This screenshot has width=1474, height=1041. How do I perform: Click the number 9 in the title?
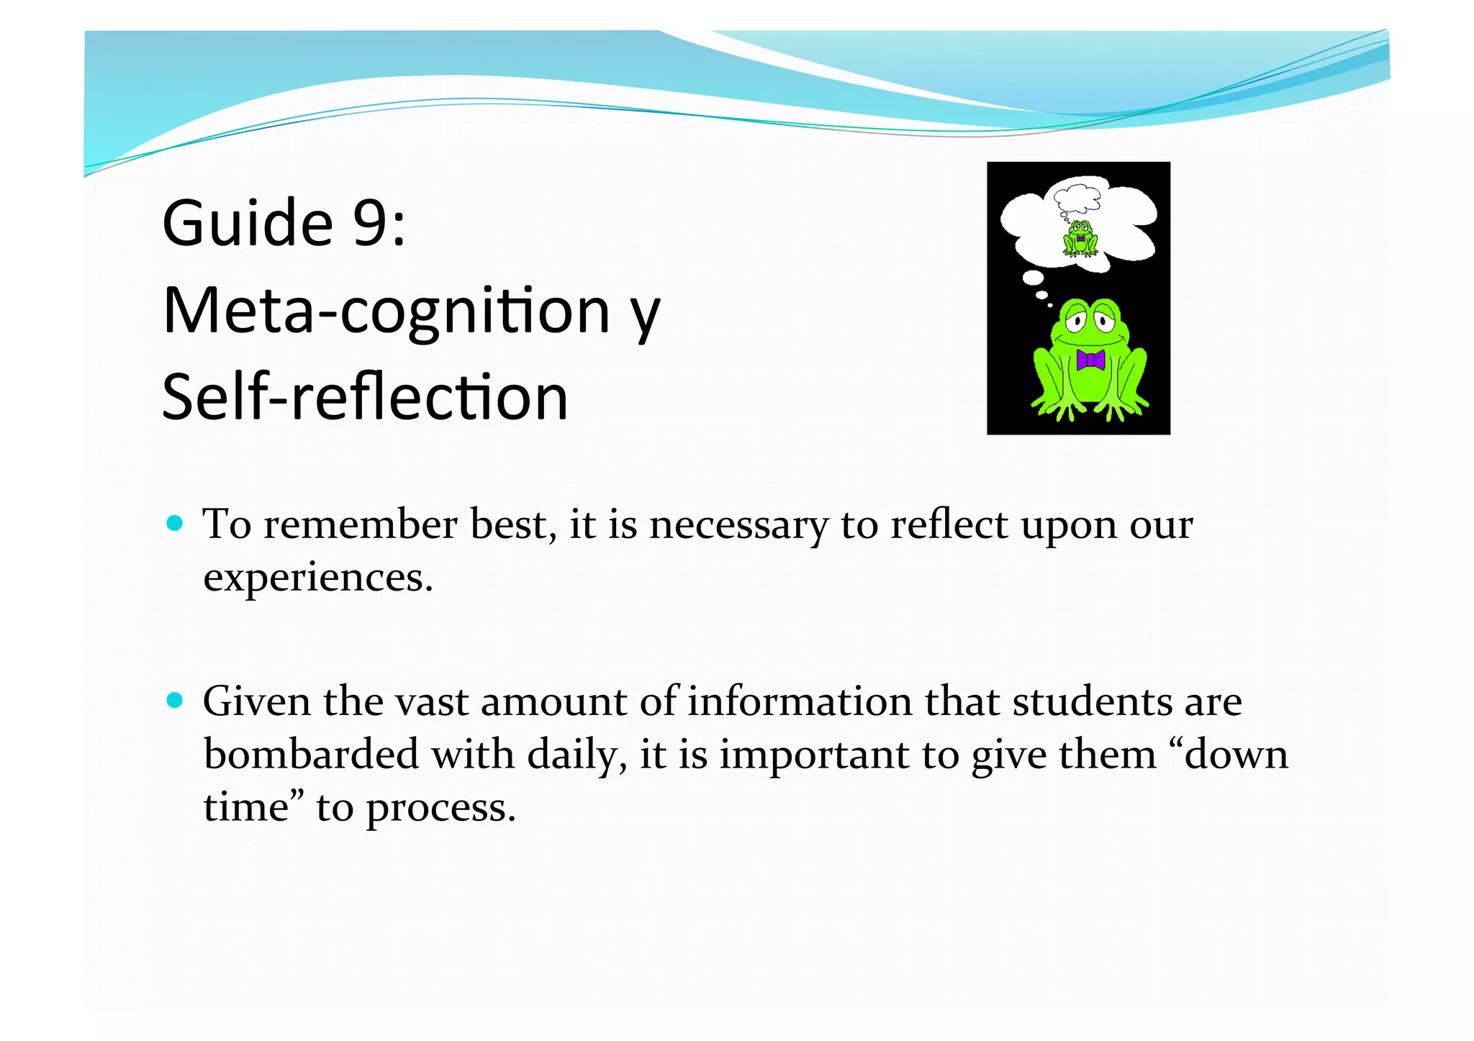(371, 223)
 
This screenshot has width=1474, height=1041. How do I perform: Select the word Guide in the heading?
(248, 223)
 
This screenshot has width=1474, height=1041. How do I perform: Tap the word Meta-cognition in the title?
(386, 312)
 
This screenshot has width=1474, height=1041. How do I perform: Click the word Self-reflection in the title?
(365, 397)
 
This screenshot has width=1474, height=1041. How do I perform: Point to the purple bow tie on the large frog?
(1090, 360)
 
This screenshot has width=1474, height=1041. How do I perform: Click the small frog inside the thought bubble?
(1080, 239)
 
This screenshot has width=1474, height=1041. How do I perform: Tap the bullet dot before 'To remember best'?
(174, 523)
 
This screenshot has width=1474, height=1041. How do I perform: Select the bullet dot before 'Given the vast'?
(174, 700)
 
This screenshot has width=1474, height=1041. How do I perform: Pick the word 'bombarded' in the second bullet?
(311, 755)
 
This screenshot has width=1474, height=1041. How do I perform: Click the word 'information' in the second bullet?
(800, 701)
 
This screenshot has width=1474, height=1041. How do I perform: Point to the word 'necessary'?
(738, 524)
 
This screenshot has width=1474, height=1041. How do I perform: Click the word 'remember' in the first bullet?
(360, 524)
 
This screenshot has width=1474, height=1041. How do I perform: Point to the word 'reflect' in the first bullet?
(948, 524)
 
